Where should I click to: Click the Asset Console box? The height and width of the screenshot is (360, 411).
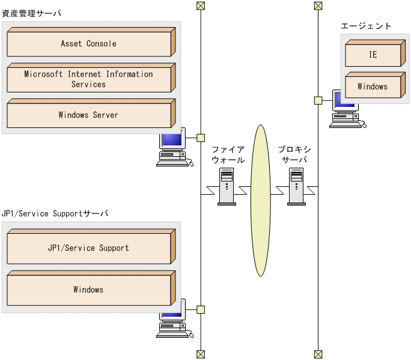point(88,44)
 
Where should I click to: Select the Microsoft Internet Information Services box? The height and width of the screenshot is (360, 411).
point(88,79)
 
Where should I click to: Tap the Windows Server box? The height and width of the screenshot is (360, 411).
point(88,115)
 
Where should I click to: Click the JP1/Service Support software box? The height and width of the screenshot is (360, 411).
point(88,248)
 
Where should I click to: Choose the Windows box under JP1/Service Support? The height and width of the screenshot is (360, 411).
point(88,290)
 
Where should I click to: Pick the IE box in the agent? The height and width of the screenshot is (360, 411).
point(373,55)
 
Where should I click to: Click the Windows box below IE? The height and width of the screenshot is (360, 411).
point(373,87)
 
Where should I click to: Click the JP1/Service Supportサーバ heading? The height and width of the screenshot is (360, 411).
point(55,213)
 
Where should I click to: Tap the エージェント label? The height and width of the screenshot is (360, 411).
point(366,26)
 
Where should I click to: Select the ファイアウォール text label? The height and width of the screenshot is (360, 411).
point(228,154)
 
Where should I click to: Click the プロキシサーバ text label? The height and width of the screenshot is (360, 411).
point(294,154)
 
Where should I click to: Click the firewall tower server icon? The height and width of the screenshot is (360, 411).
point(227,186)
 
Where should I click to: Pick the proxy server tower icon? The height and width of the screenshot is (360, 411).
point(296,186)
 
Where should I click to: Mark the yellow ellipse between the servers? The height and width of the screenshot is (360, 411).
point(261,200)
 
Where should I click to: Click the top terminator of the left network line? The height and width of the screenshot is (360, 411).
point(201,6)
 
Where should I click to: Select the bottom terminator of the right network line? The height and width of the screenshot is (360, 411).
point(318,354)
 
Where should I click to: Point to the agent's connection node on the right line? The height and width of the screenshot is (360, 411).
point(318,100)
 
